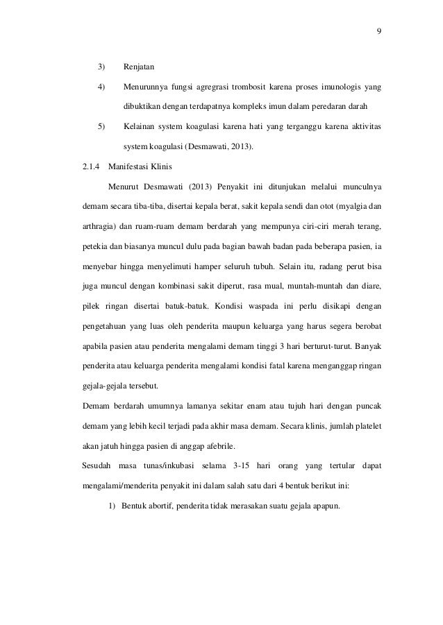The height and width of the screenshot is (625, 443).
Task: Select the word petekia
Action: tap(94, 246)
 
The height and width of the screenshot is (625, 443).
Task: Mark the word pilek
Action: tap(92, 306)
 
